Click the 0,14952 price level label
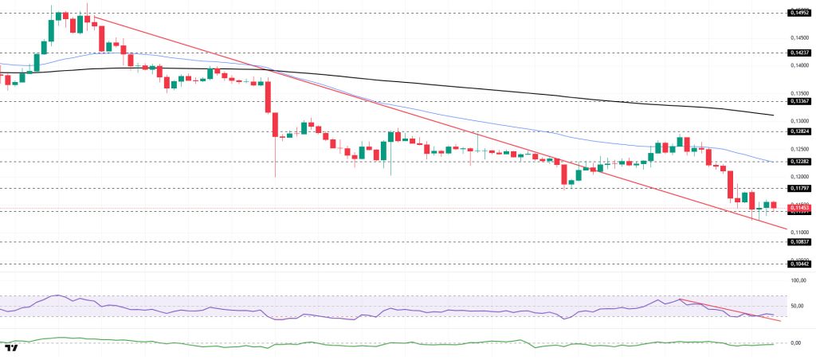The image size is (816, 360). click(799, 13)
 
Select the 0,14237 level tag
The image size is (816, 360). click(799, 53)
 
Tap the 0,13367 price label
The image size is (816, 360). click(799, 102)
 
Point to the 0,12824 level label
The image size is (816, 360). click(799, 131)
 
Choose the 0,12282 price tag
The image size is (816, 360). click(799, 161)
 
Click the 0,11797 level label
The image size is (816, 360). click(799, 188)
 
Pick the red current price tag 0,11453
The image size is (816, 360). click(799, 207)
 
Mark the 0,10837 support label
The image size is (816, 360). click(799, 241)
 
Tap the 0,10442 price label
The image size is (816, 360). click(799, 263)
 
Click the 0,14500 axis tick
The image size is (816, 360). click(799, 37)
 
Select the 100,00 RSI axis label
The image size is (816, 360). click(798, 280)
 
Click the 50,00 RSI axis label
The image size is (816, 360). click(798, 305)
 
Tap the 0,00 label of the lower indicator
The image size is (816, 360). click(795, 343)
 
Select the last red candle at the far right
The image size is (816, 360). click(772, 205)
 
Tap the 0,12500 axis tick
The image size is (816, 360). click(799, 148)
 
